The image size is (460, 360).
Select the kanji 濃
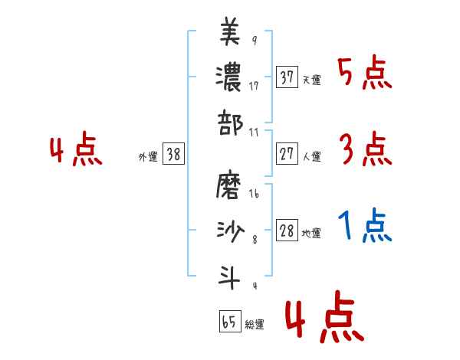pos(230,78)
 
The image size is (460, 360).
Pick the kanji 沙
pos(230,230)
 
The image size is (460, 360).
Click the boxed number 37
pos(287,77)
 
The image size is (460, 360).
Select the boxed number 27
pos(287,154)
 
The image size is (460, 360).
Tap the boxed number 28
pos(287,231)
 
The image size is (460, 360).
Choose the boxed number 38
pos(173,154)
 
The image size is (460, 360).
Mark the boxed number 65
pos(229,322)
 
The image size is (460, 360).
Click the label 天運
pos(311,80)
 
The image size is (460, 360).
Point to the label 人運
pos(311,156)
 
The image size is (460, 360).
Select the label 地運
pos(311,233)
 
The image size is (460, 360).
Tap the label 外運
pos(147,156)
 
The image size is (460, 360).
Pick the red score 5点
pos(366,74)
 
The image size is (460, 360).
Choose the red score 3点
pos(366,151)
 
